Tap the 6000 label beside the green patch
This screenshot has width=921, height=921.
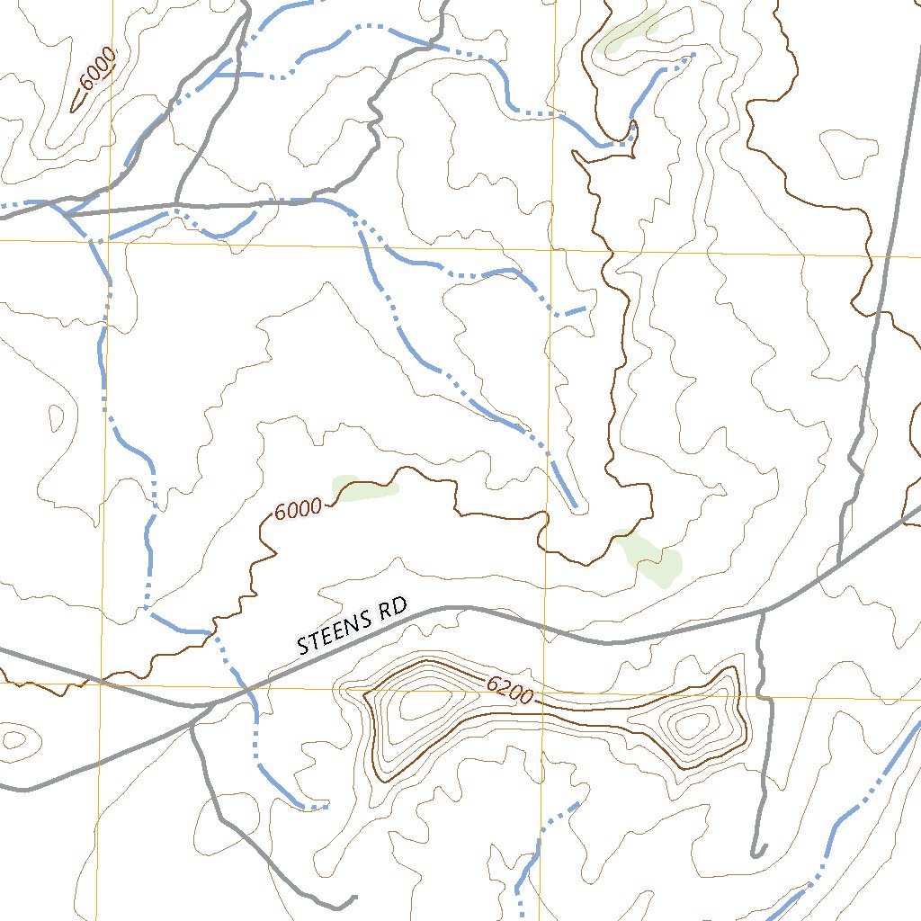tap(298, 510)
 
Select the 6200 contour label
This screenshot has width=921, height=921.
tap(510, 690)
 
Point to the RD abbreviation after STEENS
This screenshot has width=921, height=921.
tap(394, 611)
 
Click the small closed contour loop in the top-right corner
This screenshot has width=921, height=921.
tap(849, 151)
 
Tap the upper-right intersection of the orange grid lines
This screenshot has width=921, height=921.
tap(551, 248)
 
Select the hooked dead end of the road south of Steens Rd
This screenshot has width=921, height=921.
tap(757, 852)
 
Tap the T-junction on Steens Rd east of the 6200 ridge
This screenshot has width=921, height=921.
tap(763, 613)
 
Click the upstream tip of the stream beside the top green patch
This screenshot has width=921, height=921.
tap(693, 57)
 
